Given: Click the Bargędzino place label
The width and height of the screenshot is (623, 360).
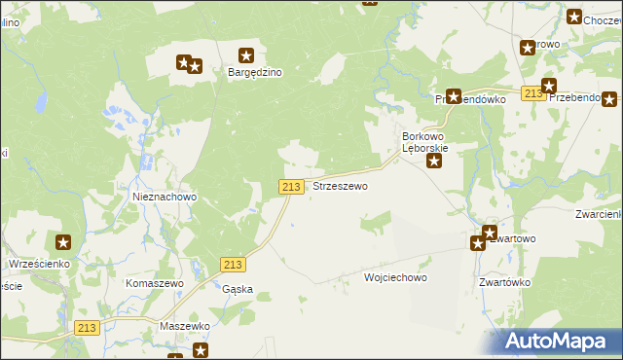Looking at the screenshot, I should point(254,72).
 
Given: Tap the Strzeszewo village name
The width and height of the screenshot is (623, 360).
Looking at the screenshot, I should point(340,186).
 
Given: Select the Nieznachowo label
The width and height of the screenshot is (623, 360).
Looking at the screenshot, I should point(165,197).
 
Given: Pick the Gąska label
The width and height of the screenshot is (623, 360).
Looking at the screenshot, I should point(238,289).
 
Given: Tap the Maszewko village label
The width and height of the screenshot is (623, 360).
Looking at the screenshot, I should point(185,326).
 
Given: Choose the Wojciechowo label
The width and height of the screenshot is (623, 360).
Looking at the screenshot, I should point(395,277).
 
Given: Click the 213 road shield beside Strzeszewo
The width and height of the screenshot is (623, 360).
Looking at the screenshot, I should point(290,186).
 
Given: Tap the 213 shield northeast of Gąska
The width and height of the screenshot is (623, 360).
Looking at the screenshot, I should point(233,264).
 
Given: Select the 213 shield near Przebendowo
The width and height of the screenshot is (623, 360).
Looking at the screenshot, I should point(531,93).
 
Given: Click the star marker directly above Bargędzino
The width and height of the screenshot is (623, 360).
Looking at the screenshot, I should point(246,55).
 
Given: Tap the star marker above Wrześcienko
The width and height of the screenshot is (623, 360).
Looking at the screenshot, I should point(63,242).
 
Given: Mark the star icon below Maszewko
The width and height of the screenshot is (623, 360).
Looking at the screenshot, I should point(201,349).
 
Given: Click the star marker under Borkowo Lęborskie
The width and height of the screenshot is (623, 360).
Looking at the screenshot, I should point(434,161).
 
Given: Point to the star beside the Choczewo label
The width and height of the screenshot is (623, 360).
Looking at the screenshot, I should point(574,17).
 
